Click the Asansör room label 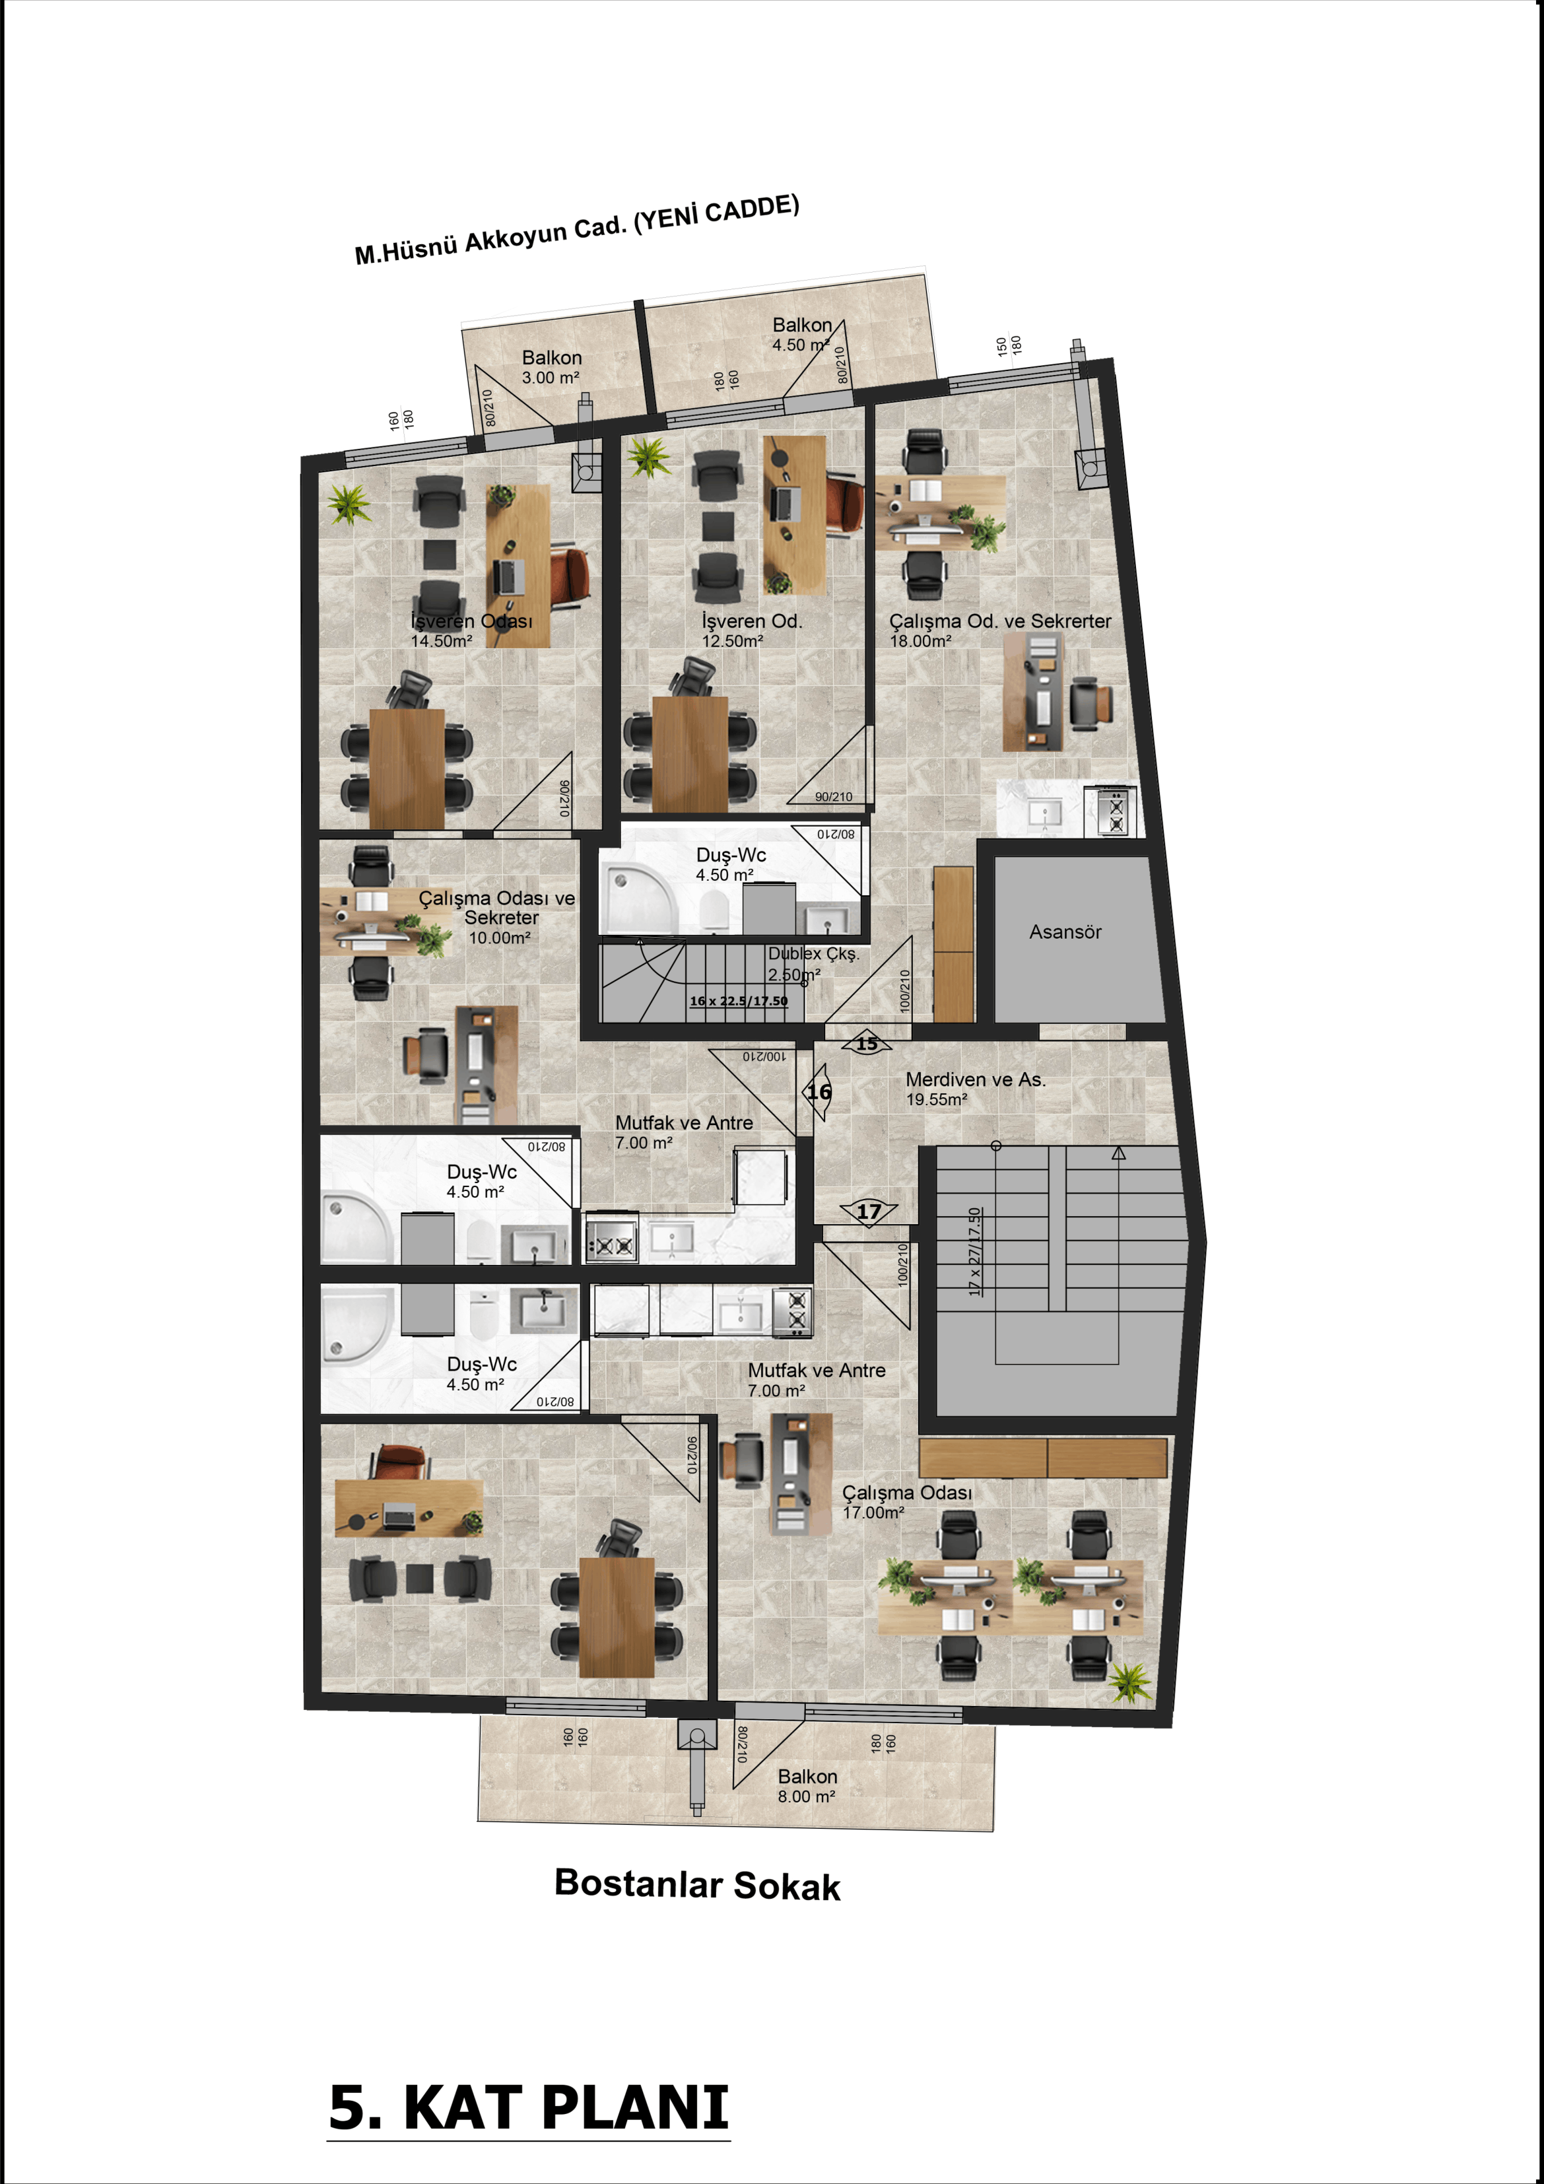1065,932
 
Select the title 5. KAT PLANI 529,2108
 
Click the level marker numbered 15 867,1044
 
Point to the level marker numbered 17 869,1211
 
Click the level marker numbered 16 818,1092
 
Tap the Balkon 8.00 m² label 807,1785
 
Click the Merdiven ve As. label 975,1079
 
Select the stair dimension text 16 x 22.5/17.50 738,1001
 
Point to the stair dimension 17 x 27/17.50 974,1251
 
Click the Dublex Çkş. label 813,953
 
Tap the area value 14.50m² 442,641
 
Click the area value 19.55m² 936,1100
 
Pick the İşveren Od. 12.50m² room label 752,631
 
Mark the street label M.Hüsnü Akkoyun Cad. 491,240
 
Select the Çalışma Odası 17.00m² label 906,1502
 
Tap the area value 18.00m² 920,641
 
